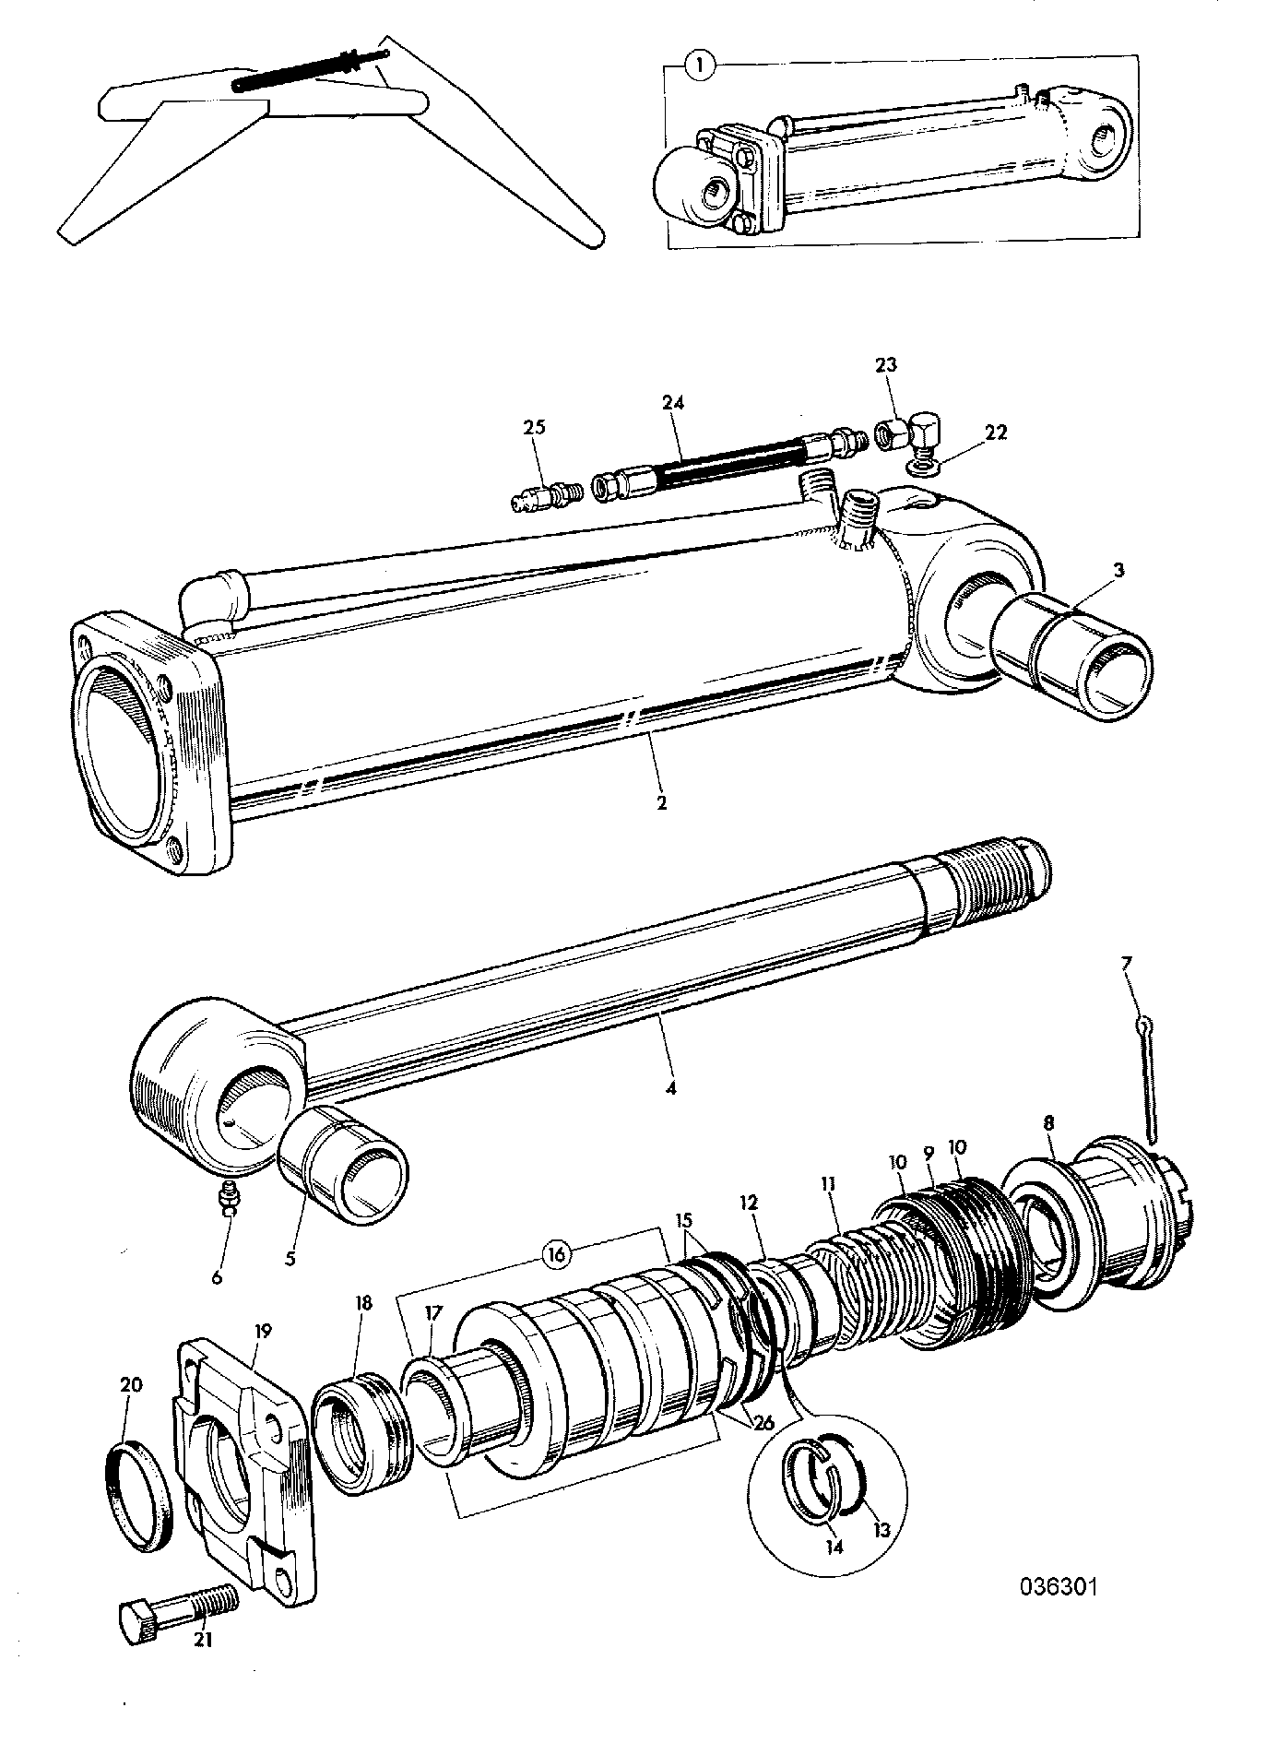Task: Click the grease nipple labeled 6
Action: (227, 1199)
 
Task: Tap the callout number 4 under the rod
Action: (670, 1088)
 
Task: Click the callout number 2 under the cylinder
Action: (661, 802)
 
